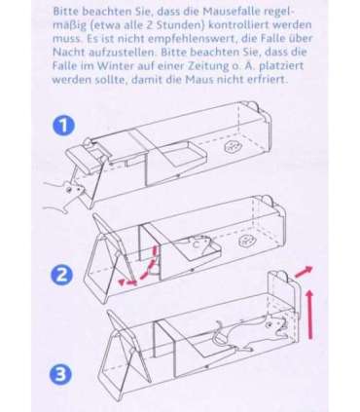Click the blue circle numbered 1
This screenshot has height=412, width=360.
point(63,126)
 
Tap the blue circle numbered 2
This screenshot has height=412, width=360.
point(62,275)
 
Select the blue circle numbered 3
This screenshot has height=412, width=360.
point(60,375)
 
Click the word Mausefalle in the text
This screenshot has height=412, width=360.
point(233,12)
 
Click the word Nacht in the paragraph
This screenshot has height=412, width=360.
point(66,53)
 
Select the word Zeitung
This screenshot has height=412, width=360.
point(202,66)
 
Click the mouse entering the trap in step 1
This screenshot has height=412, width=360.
point(65,195)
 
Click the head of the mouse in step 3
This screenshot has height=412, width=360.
point(276,325)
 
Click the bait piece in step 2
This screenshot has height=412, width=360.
point(246,241)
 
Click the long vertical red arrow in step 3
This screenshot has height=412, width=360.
point(309,315)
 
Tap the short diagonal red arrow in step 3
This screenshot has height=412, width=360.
point(304,272)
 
